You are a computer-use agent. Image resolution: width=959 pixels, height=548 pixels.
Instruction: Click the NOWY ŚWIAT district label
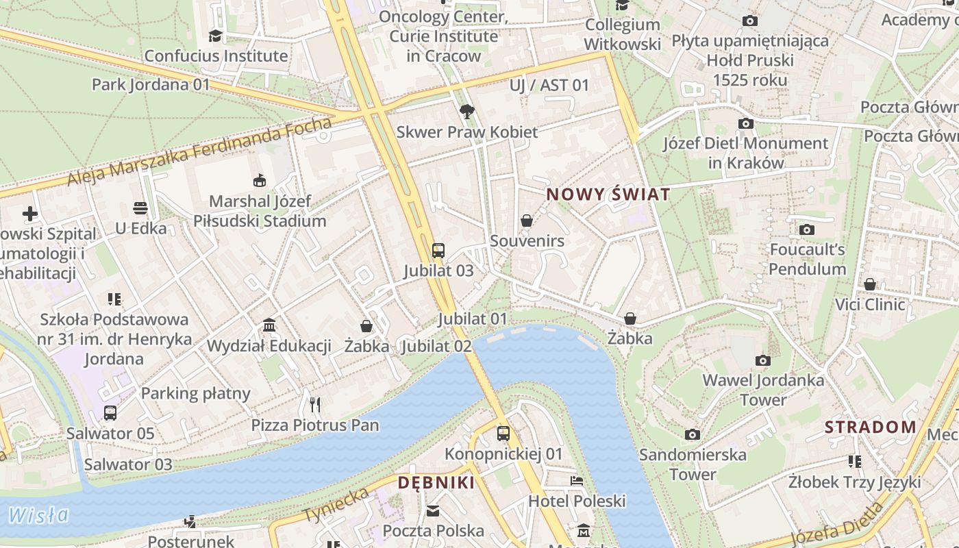point(608,195)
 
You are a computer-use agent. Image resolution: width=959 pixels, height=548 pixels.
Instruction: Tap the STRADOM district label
point(870,427)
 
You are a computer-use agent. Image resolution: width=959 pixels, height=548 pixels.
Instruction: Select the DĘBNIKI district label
point(436,482)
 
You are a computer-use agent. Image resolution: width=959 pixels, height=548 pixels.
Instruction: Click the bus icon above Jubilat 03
point(438,251)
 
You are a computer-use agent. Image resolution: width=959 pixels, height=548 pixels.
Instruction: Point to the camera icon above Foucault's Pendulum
point(807,229)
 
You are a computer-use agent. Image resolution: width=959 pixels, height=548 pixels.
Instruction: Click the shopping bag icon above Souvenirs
point(527,221)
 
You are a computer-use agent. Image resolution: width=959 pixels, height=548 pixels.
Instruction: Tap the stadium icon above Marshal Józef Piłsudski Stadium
point(260,181)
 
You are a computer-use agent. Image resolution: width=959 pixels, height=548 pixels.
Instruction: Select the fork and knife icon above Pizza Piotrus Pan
point(315,405)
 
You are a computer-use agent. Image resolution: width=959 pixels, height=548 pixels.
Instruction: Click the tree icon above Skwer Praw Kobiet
point(467,111)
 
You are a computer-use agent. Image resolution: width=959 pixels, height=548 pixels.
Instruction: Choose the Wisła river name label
point(39,514)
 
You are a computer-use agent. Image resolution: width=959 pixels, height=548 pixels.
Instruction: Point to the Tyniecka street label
point(336,506)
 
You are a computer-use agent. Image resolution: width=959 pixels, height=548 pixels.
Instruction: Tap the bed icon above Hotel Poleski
point(577,481)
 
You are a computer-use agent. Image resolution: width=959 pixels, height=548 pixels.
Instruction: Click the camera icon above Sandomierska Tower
point(693,434)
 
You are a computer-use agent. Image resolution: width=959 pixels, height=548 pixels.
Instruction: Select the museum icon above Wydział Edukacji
point(269,325)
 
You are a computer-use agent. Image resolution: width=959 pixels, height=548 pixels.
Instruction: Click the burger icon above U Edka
point(140,208)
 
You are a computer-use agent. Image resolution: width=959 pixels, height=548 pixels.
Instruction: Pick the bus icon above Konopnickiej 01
point(503,433)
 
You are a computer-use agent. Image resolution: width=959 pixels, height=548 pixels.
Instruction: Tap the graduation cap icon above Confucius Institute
point(216,36)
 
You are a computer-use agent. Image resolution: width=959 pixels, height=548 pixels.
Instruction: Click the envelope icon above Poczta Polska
point(433,510)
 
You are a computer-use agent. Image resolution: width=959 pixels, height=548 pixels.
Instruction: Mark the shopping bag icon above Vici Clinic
point(870,284)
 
